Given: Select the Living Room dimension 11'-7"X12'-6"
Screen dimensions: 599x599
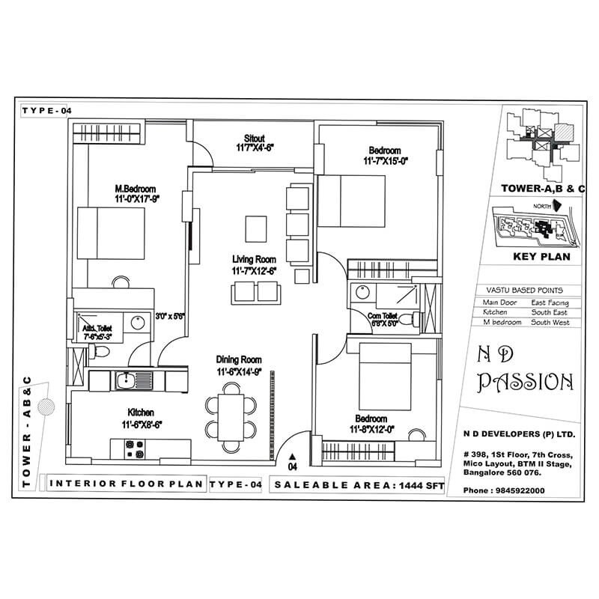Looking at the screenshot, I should [x=254, y=270].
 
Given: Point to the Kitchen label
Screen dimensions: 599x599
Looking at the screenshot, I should [x=141, y=413].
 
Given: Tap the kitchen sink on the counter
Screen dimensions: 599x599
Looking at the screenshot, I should [x=127, y=381].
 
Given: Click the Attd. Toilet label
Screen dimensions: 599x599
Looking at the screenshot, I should [x=95, y=326].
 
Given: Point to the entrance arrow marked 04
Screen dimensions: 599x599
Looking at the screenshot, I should [x=292, y=458].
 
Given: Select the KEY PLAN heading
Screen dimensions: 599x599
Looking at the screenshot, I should [x=541, y=256].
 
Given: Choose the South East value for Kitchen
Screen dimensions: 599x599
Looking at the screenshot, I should [x=550, y=312].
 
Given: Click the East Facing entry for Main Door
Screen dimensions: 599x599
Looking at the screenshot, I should [x=550, y=302].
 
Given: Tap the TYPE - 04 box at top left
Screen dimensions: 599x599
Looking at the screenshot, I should [x=46, y=110].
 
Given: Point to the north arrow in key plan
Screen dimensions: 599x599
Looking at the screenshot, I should [x=556, y=204].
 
